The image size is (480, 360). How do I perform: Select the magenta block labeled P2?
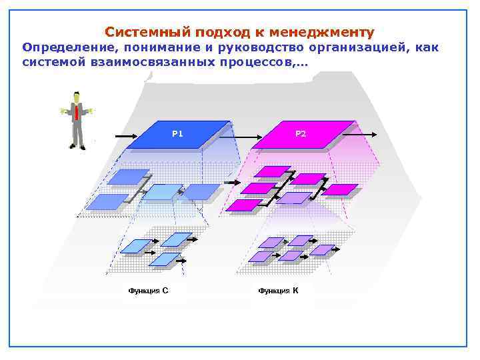(x=301, y=135)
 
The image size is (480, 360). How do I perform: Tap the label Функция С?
(x=148, y=290)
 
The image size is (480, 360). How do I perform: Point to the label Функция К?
(x=278, y=290)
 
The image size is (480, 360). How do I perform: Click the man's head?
(x=77, y=96)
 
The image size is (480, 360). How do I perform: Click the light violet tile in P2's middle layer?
(x=294, y=198)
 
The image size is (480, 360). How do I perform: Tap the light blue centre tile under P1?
(x=163, y=192)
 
